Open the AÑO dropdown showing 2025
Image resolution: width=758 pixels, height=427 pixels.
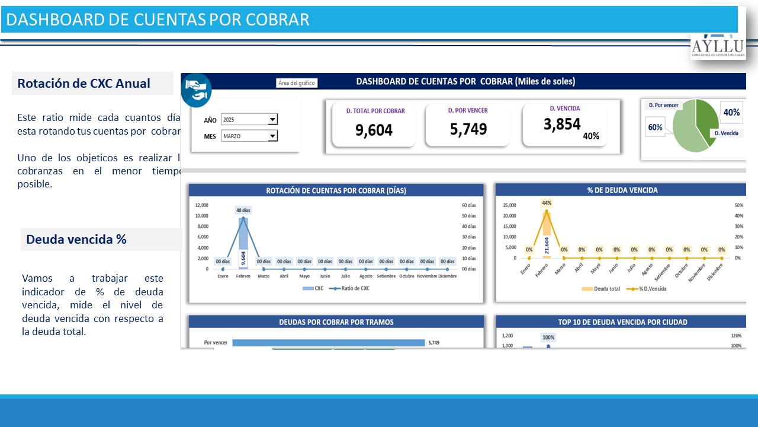tap(272, 120)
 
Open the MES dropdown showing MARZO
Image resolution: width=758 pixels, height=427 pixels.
tap(272, 136)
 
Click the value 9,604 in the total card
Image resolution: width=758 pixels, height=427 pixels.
tap(374, 130)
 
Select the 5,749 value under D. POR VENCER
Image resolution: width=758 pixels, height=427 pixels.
tap(468, 129)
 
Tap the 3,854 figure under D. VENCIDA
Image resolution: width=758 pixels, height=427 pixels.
tap(562, 124)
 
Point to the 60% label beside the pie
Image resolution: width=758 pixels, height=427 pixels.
tap(655, 127)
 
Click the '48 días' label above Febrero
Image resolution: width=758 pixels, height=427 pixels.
tap(243, 210)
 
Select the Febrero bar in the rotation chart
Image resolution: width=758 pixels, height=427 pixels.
tap(243, 243)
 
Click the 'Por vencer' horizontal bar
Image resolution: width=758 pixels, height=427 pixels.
tap(329, 342)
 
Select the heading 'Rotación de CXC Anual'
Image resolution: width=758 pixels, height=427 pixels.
tap(83, 84)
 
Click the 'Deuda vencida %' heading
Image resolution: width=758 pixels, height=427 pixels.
tap(76, 240)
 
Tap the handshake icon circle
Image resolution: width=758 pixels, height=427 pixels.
tap(196, 90)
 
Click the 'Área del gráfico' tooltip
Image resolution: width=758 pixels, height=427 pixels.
tap(297, 83)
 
